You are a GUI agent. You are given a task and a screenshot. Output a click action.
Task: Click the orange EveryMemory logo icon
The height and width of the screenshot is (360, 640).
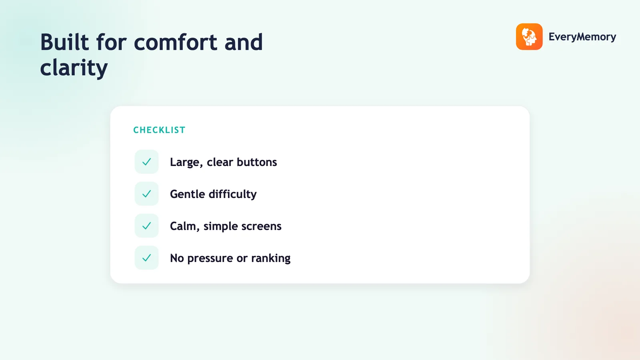click(x=529, y=36)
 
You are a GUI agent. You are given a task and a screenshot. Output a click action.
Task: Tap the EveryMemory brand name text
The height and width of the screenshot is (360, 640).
click(x=582, y=37)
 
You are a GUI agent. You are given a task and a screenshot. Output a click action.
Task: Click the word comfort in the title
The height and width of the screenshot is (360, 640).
click(x=176, y=42)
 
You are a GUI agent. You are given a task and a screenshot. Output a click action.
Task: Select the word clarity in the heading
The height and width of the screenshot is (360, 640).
click(x=74, y=68)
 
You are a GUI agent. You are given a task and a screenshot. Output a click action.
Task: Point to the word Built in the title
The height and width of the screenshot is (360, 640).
click(x=64, y=42)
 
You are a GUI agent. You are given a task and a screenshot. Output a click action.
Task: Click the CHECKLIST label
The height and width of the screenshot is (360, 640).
click(x=160, y=130)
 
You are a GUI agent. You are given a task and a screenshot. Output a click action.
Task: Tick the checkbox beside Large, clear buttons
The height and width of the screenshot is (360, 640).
click(x=146, y=162)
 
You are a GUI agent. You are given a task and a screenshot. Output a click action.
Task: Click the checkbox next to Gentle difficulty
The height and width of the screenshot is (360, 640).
click(x=146, y=194)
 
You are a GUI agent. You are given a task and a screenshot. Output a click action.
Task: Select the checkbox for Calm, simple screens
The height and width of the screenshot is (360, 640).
click(x=146, y=226)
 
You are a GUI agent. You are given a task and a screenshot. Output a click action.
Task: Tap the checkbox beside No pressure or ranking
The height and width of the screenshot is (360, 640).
click(x=146, y=258)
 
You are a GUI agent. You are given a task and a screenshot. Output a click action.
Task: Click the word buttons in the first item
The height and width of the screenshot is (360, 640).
click(x=257, y=162)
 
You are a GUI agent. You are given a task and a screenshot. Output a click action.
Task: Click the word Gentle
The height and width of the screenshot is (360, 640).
click(x=188, y=194)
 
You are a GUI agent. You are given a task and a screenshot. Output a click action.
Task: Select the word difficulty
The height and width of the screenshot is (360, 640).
click(x=232, y=194)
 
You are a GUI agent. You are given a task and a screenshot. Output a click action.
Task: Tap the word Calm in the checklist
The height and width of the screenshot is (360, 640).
click(x=185, y=226)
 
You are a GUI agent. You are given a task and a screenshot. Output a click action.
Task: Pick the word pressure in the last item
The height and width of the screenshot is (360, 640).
click(x=210, y=258)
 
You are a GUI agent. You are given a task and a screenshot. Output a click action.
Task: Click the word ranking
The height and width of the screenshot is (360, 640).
click(x=271, y=258)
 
